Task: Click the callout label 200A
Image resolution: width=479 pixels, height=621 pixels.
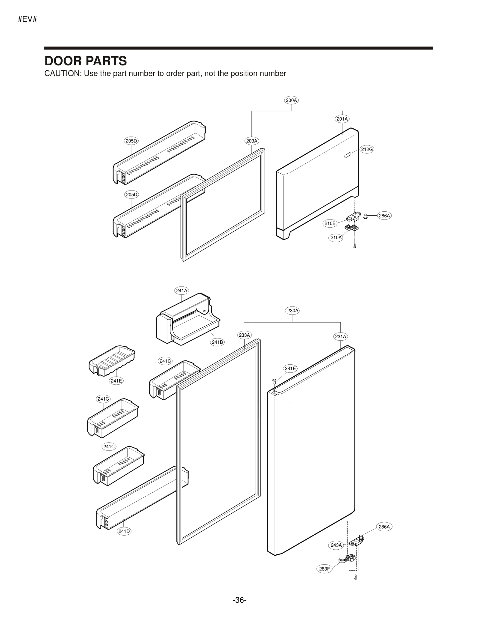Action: pyautogui.click(x=291, y=100)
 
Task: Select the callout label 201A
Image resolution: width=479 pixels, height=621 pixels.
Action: pyautogui.click(x=342, y=119)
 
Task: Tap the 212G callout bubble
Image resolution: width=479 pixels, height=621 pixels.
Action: pyautogui.click(x=367, y=149)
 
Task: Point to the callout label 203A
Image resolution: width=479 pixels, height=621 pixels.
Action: pyautogui.click(x=251, y=141)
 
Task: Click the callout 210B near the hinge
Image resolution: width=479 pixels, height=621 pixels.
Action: pyautogui.click(x=330, y=223)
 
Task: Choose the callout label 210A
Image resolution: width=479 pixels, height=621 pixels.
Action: pyautogui.click(x=336, y=237)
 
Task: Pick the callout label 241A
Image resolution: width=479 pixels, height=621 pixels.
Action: pyautogui.click(x=181, y=290)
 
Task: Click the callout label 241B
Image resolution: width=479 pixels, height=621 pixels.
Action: pyautogui.click(x=217, y=342)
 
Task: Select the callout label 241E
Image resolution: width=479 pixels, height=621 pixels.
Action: pyautogui.click(x=116, y=381)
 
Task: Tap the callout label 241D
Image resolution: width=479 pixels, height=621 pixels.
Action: pyautogui.click(x=124, y=531)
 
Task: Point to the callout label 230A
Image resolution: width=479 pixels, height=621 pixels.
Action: pyautogui.click(x=292, y=310)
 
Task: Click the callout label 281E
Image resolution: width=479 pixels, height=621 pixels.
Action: pyautogui.click(x=290, y=368)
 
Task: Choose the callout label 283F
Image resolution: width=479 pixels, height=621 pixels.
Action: pyautogui.click(x=324, y=569)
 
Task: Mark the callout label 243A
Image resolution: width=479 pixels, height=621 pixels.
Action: pyautogui.click(x=336, y=545)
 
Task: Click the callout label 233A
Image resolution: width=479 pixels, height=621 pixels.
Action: pyautogui.click(x=244, y=335)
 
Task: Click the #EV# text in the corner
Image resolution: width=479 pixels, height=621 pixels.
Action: pyautogui.click(x=27, y=19)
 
